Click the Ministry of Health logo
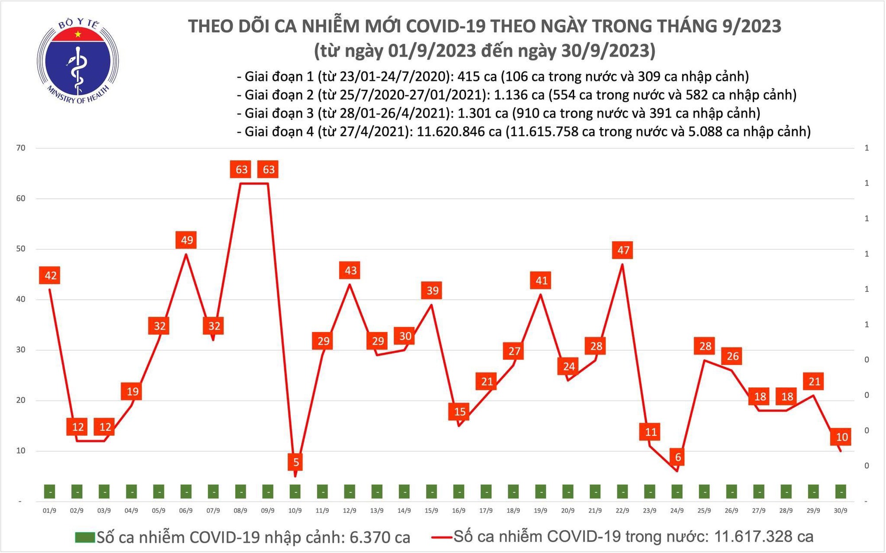78,61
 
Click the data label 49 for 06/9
187,240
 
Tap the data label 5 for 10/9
295,462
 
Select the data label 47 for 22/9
623,250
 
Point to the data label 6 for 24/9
677,457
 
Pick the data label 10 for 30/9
841,437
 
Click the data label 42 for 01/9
50,275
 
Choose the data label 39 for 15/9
432,290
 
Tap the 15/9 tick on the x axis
431,510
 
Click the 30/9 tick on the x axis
840,510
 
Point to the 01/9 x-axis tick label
49,510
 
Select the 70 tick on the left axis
20,148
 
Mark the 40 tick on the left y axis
20,299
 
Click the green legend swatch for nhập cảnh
85,538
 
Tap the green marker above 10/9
295,491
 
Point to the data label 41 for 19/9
541,280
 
